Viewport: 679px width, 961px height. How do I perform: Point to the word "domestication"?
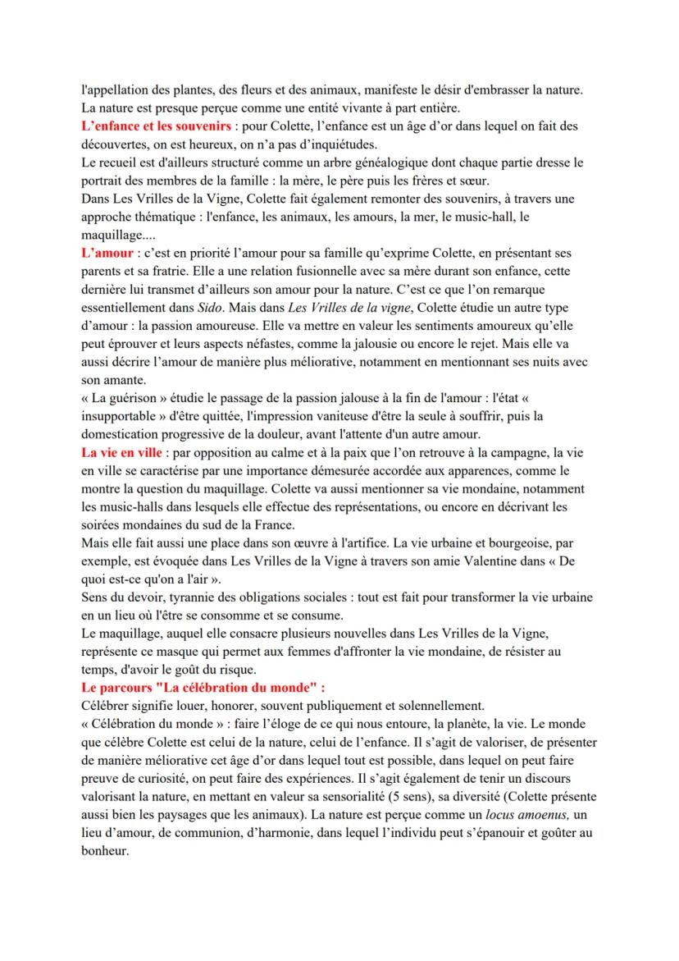(121, 434)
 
